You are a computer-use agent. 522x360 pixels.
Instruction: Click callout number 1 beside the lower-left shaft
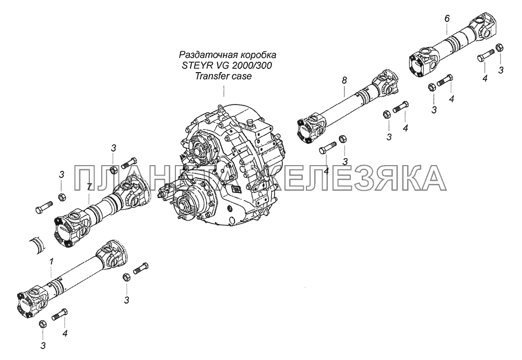[51, 262]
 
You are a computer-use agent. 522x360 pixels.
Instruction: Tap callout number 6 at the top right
[447, 19]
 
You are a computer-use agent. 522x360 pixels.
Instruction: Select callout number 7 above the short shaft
[89, 187]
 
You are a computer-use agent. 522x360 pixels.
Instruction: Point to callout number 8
[344, 80]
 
